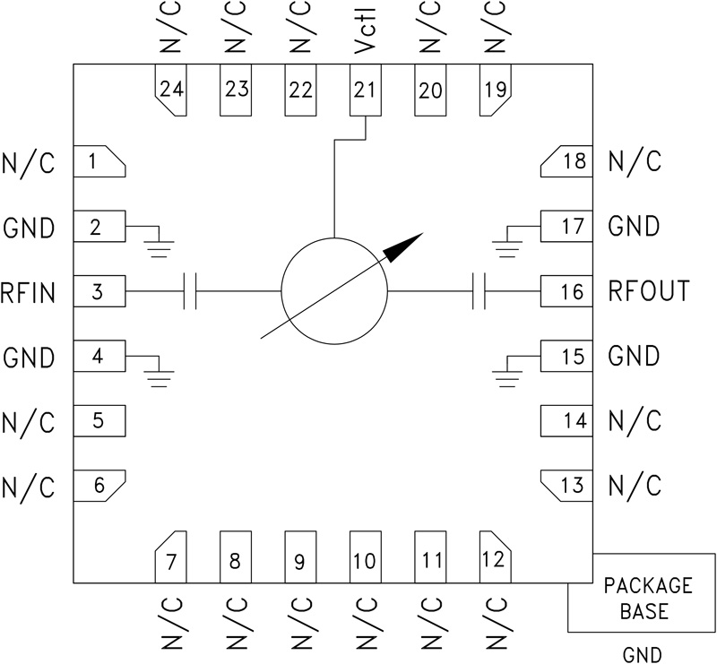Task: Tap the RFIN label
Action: tap(28, 291)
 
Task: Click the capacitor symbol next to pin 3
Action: tap(190, 291)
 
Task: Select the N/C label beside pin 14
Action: tap(635, 421)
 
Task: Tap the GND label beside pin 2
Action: tap(28, 227)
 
